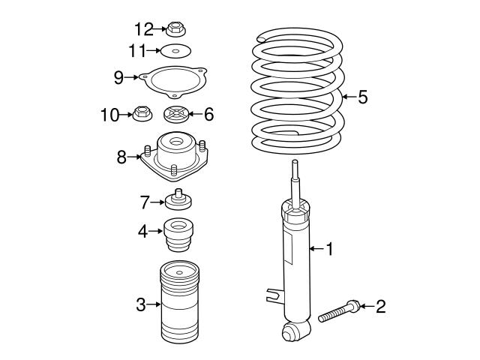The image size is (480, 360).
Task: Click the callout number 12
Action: [x=142, y=29]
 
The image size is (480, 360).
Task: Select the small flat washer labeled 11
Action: [x=177, y=51]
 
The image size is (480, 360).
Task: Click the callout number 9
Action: [x=118, y=76]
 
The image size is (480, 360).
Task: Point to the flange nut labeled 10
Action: [x=140, y=114]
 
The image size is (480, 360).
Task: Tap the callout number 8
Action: [x=121, y=157]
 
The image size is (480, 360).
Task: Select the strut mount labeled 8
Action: [x=176, y=156]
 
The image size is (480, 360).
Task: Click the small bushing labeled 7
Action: [x=178, y=200]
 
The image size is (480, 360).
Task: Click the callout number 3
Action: [x=140, y=304]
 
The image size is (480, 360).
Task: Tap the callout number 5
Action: [x=363, y=97]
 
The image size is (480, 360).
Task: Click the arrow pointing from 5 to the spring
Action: [x=348, y=97]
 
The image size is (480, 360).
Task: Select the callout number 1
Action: [x=328, y=248]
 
